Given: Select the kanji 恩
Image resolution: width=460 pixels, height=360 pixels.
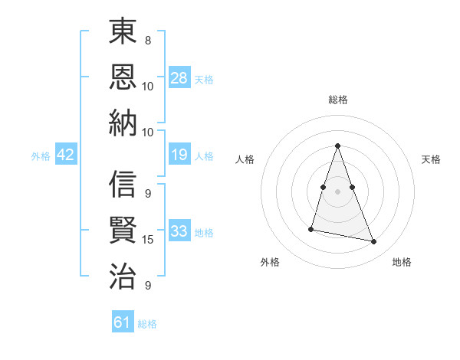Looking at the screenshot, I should [123, 78].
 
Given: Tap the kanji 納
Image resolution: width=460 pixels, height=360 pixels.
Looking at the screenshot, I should [123, 123].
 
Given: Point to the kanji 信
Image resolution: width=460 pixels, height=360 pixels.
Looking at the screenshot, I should [123, 185].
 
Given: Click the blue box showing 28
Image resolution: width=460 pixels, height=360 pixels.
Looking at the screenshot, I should [179, 78].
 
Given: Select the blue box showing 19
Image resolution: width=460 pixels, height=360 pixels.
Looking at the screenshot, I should [179, 155].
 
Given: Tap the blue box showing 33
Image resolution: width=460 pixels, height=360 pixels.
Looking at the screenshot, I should [179, 232].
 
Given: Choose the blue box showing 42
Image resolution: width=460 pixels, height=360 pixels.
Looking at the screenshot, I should [66, 155].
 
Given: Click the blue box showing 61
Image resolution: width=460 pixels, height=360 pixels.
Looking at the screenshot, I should [123, 323].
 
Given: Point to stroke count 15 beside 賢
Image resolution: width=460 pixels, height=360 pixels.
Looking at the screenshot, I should [148, 240].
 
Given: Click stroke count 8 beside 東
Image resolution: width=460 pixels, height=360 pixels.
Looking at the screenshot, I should [148, 40].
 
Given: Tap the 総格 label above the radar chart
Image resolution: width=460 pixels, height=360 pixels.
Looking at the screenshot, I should [337, 100].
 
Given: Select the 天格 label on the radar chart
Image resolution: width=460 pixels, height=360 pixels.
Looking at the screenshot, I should [432, 159].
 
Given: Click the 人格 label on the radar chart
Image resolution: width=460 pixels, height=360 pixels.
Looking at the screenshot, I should [245, 159].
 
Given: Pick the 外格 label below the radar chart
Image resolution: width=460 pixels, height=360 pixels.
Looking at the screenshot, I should [270, 263].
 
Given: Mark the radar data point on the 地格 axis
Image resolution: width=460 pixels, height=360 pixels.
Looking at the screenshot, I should [374, 241].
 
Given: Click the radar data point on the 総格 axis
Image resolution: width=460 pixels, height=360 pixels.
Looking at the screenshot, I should [337, 146].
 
